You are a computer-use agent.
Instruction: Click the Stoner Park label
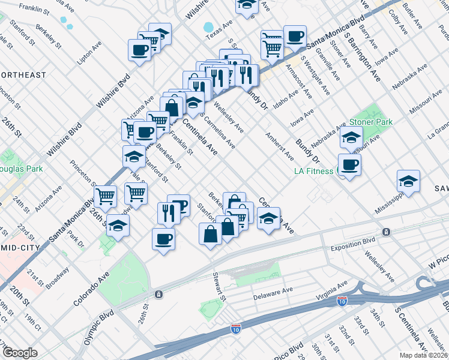(x=370, y=122)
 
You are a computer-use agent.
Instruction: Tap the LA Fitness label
(x=313, y=171)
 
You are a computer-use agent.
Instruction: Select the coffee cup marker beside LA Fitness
(x=349, y=165)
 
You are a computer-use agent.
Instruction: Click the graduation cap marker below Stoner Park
(x=351, y=138)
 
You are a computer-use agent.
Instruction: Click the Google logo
(x=20, y=353)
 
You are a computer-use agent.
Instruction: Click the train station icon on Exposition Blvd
(x=387, y=232)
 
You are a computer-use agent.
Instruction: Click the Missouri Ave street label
(x=420, y=103)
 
